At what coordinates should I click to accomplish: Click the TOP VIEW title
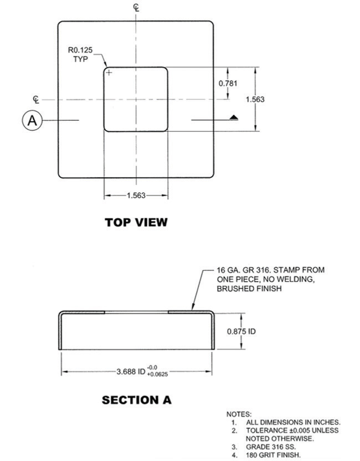click(x=136, y=222)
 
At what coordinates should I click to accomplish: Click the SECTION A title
click(x=136, y=399)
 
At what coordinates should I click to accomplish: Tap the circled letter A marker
click(x=33, y=120)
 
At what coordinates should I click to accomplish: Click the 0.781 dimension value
click(x=228, y=83)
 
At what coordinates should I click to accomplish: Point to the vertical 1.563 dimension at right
click(x=255, y=100)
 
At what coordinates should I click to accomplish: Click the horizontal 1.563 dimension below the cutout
click(x=136, y=195)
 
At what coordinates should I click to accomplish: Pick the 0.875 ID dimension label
click(x=241, y=331)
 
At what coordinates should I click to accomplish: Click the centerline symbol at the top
click(x=136, y=7)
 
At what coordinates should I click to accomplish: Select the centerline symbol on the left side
click(x=36, y=100)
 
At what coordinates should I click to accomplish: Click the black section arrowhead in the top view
click(x=233, y=117)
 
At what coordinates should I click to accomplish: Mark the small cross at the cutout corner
click(x=109, y=73)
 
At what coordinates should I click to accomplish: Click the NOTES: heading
click(x=239, y=414)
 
